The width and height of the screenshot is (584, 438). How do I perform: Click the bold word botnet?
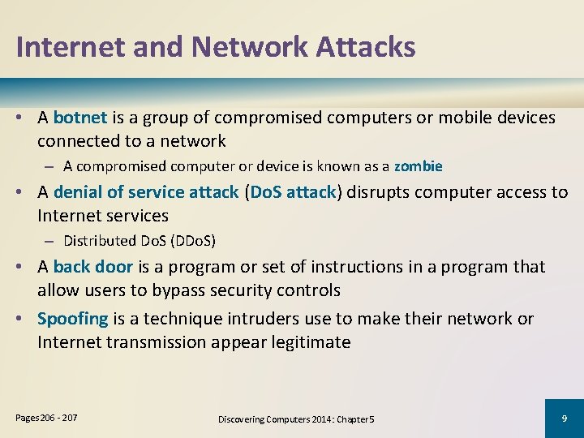[80, 118]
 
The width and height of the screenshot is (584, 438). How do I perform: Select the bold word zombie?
[419, 166]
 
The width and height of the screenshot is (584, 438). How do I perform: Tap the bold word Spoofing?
[73, 319]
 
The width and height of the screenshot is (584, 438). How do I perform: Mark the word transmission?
[165, 342]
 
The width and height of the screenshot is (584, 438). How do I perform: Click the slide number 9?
[564, 418]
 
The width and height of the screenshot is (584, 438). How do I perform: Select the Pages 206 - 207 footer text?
[47, 417]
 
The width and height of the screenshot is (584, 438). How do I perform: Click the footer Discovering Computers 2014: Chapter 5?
[296, 419]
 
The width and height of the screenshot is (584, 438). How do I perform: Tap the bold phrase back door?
[92, 267]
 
